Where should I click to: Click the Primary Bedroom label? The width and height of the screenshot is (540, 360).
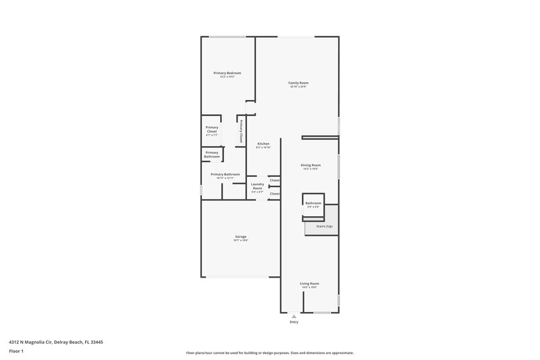tap(227, 73)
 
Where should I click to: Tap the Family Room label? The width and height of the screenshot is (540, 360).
tap(298, 83)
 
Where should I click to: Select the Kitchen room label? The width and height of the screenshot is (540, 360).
tap(263, 144)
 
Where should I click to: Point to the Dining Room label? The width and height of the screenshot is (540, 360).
tap(310, 165)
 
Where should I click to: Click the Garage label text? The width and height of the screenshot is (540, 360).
tap(241, 236)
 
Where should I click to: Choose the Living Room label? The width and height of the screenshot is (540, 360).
tap(310, 284)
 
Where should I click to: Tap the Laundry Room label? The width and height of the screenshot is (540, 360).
tap(257, 186)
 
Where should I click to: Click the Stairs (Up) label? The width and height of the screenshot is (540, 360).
tap(324, 226)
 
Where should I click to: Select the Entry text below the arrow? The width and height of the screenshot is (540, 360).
tap(294, 322)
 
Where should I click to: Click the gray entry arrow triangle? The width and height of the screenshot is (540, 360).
tap(294, 316)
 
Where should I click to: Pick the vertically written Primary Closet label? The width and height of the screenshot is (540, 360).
tap(240, 130)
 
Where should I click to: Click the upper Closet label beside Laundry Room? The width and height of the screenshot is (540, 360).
tap(275, 180)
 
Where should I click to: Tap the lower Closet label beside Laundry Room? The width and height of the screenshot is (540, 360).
tap(275, 194)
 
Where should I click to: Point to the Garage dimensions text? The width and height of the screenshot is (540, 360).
tap(241, 240)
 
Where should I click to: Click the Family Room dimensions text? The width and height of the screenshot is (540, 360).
tap(298, 87)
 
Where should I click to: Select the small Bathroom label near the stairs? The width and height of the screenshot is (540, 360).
tap(313, 203)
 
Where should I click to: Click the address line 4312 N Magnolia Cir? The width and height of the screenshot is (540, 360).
tap(56, 342)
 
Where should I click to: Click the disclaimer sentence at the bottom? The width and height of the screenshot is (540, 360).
tap(269, 353)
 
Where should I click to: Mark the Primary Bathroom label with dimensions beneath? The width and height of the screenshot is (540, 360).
tap(225, 174)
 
